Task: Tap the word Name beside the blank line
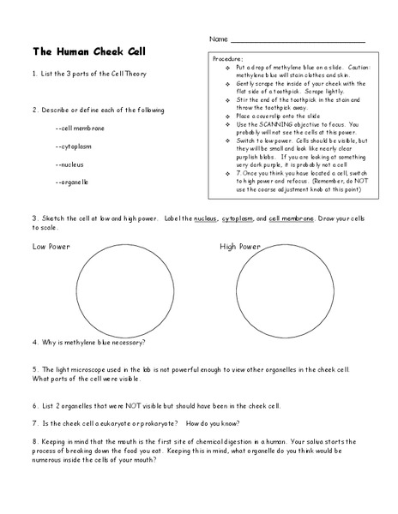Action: [218, 40]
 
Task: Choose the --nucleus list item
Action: [71, 164]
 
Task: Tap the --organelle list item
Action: [75, 182]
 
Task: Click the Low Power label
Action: [51, 247]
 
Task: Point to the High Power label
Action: [240, 247]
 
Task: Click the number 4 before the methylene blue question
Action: [34, 341]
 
